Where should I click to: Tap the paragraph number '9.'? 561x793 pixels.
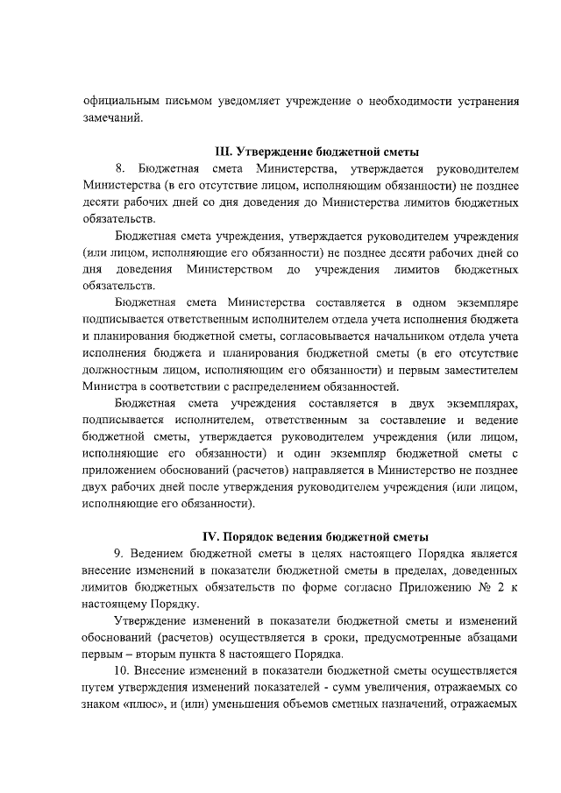coord(122,554)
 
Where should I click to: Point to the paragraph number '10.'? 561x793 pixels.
coord(124,672)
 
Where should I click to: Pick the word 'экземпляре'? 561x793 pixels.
coord(485,301)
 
